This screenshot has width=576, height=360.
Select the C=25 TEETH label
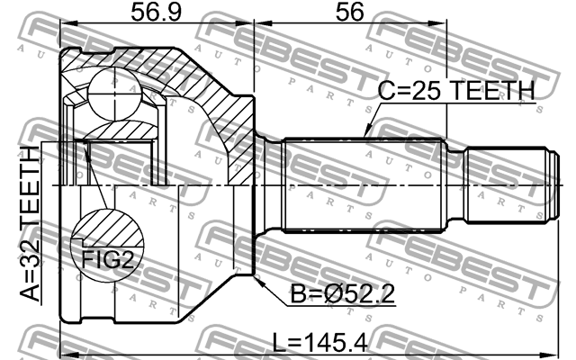[x=454, y=91]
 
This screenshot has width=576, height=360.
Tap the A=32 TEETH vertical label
[x=28, y=229]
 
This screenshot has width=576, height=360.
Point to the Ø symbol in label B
[x=327, y=294]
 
